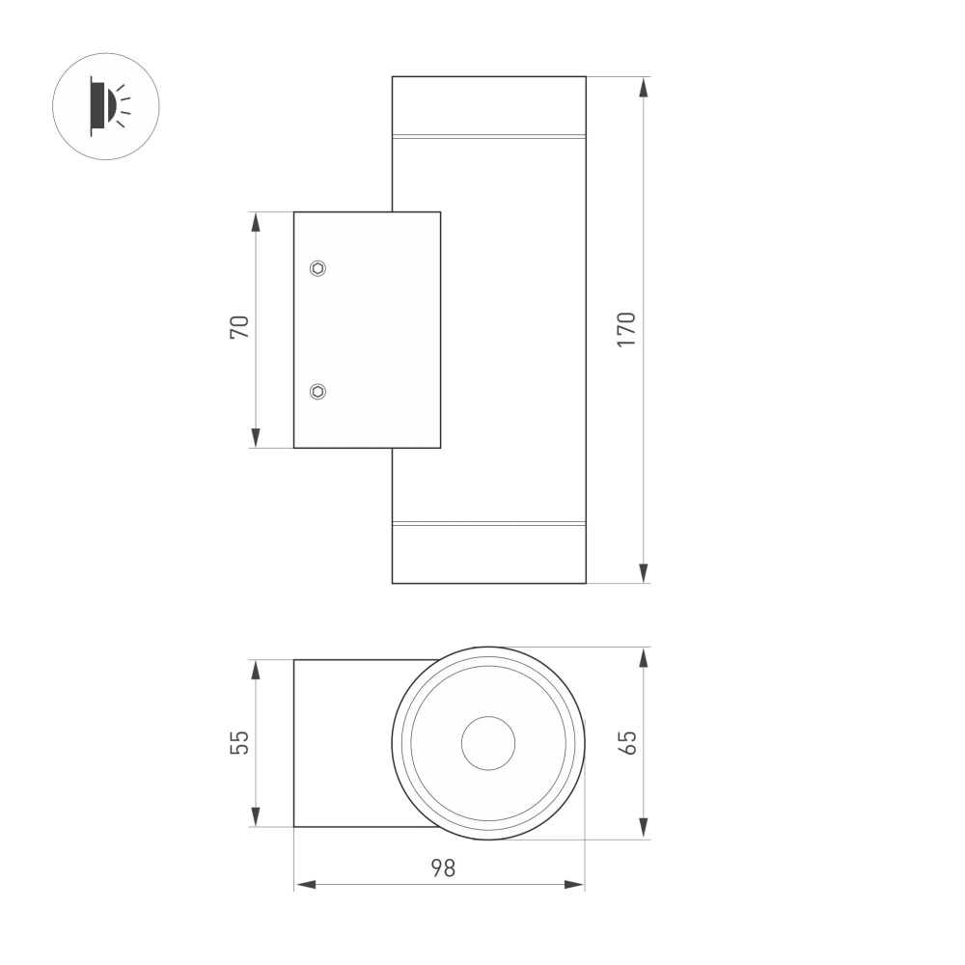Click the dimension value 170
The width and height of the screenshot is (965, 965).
coord(626,330)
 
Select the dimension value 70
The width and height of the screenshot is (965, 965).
coord(239,327)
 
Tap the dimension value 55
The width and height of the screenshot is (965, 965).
coord(239,742)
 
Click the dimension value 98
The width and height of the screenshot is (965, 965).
coord(441,868)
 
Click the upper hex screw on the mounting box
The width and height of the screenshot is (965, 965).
coord(317,268)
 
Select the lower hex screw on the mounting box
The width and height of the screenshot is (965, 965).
coord(317,391)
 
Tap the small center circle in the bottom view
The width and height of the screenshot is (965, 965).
coord(488,743)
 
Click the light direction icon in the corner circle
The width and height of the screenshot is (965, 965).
coord(106,106)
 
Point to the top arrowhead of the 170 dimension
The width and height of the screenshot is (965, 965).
coord(644,87)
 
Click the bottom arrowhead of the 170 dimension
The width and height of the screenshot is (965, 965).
coord(644,573)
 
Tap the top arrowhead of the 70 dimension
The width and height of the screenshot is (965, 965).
coord(256,222)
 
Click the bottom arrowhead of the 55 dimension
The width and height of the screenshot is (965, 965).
coord(256,817)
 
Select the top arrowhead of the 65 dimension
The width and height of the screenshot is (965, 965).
coord(644,657)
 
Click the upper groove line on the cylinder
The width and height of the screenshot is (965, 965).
coord(488,136)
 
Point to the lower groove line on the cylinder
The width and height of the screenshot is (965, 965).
coord(488,524)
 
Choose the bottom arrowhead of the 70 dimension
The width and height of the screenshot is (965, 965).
coord(256,438)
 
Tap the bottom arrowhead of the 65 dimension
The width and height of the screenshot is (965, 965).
coord(644,829)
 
